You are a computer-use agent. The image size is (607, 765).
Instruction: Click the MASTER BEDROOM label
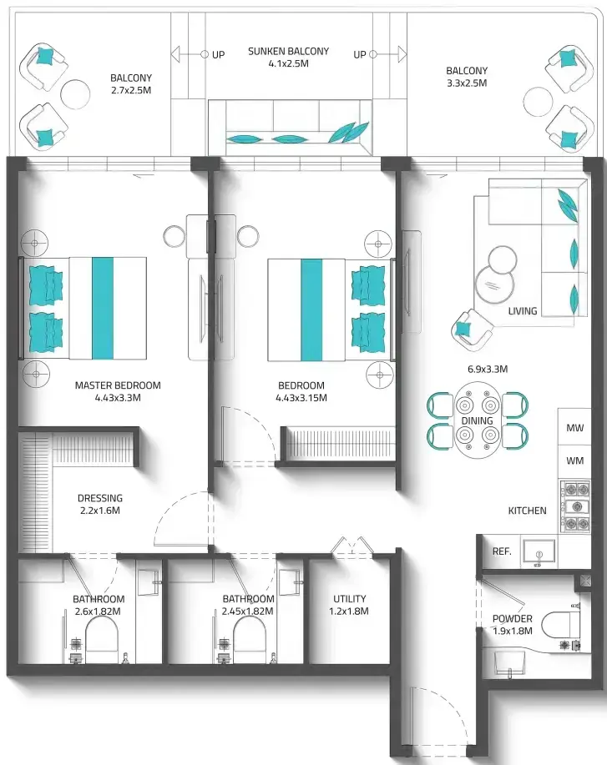pyautogui.click(x=118, y=385)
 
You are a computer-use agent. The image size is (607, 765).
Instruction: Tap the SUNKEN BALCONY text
pyautogui.click(x=288, y=51)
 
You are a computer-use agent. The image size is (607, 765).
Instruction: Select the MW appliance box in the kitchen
pyautogui.click(x=574, y=427)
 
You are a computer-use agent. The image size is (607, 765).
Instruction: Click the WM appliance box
pyautogui.click(x=574, y=461)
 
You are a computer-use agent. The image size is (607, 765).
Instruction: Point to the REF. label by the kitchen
pyautogui.click(x=502, y=551)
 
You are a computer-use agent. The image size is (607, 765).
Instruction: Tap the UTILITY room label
pyautogui.click(x=350, y=599)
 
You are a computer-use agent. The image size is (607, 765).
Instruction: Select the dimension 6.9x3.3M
pyautogui.click(x=488, y=369)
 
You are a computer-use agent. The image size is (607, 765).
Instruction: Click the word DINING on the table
pyautogui.click(x=477, y=420)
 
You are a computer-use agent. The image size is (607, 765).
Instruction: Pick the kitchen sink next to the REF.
pyautogui.click(x=539, y=553)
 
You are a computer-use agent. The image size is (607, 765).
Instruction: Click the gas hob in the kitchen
pyautogui.click(x=576, y=506)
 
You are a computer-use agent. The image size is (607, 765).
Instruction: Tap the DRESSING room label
pyautogui.click(x=100, y=498)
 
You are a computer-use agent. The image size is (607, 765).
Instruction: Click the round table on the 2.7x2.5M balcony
pyautogui.click(x=75, y=93)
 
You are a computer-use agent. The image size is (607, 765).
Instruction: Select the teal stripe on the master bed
pyautogui.click(x=103, y=309)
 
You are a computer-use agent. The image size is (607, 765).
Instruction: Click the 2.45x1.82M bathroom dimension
pyautogui.click(x=248, y=611)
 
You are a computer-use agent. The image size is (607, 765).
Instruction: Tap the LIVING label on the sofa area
pyautogui.click(x=523, y=311)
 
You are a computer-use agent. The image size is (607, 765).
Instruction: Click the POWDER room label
pyautogui.click(x=513, y=618)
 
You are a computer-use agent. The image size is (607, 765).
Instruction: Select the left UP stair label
pyautogui.click(x=218, y=55)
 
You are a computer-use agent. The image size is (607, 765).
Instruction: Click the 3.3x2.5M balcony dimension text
pyautogui.click(x=467, y=83)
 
